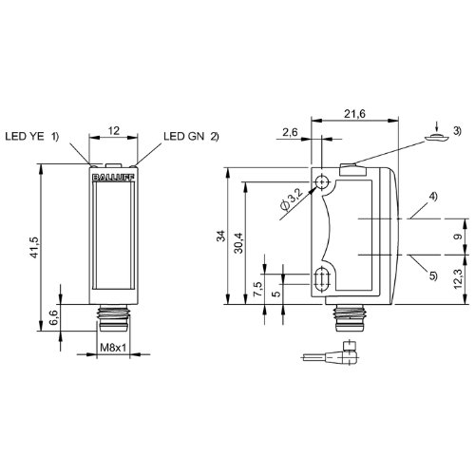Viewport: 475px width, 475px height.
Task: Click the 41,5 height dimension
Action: pyautogui.click(x=34, y=247)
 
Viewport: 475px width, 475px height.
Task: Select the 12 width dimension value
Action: pyautogui.click(x=114, y=130)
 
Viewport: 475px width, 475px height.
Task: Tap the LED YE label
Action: pyautogui.click(x=25, y=136)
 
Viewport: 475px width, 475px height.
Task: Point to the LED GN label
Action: pyautogui.click(x=184, y=136)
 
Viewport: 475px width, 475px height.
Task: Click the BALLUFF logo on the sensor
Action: pyautogui.click(x=113, y=178)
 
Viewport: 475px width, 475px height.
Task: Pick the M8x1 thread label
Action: pyautogui.click(x=113, y=348)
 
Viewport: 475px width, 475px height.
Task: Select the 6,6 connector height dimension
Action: pyautogui.click(x=53, y=317)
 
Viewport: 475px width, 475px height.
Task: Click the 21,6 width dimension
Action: pyautogui.click(x=354, y=114)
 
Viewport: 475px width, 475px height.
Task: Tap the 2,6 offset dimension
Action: pyautogui.click(x=290, y=132)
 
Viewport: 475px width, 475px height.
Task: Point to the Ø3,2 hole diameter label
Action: pyautogui.click(x=292, y=199)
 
